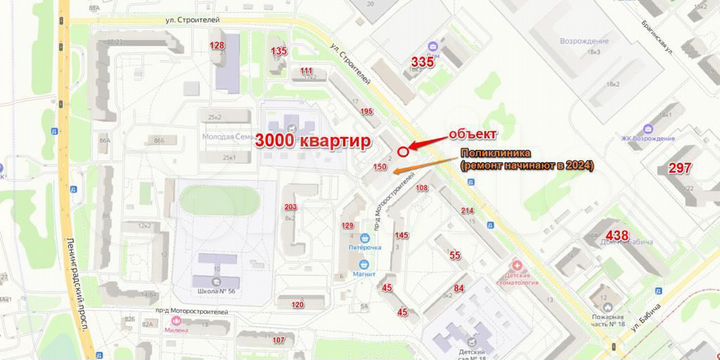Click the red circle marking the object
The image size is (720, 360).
[x=403, y=151]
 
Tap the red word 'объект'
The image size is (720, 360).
[x=473, y=134]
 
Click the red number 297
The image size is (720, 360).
[x=680, y=168]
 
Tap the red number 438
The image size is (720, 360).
[x=616, y=236]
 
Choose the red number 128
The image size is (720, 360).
[x=217, y=47]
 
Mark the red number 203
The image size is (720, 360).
[x=291, y=207]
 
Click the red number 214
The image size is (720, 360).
[x=467, y=210]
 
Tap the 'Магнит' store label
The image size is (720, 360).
[x=365, y=274]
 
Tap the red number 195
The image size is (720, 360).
[x=366, y=111]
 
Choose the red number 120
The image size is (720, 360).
[x=297, y=304]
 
